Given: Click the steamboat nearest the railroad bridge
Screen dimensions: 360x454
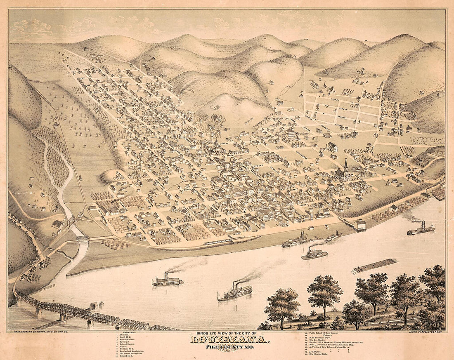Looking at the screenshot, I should [168, 281].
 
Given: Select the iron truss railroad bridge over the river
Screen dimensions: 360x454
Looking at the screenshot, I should [83, 313].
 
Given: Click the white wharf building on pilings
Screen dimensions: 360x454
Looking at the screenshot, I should [360, 225].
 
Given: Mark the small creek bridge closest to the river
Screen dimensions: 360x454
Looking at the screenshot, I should [83, 238].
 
